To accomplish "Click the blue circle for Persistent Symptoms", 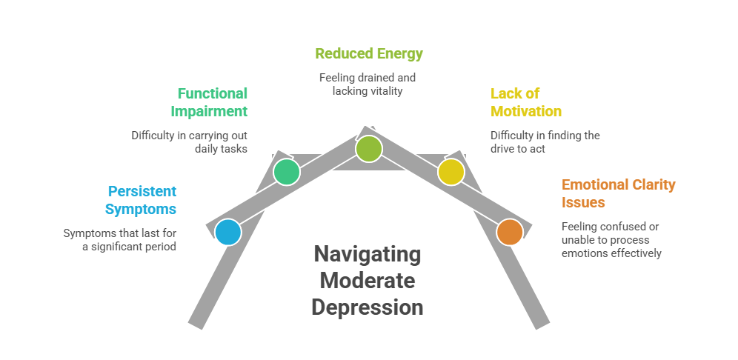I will pyautogui.click(x=228, y=232).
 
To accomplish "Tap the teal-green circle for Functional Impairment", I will pyautogui.click(x=287, y=172).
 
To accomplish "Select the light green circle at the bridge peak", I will pyautogui.click(x=368, y=149).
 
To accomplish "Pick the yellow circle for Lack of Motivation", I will pyautogui.click(x=451, y=172).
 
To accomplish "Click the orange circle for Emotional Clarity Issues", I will pyautogui.click(x=509, y=232).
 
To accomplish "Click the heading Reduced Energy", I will pyautogui.click(x=368, y=53).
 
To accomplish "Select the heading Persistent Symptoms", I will pyautogui.click(x=141, y=199).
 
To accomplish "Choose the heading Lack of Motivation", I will pyautogui.click(x=525, y=102).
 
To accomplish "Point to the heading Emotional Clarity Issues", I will pyautogui.click(x=618, y=193).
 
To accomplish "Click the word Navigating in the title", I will pyautogui.click(x=368, y=255).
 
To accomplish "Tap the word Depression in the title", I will pyautogui.click(x=368, y=307).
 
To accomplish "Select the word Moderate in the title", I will pyautogui.click(x=368, y=281).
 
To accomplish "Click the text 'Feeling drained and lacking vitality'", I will pyautogui.click(x=368, y=84).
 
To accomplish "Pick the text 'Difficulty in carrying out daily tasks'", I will pyautogui.click(x=190, y=142).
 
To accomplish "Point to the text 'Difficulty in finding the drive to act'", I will pyautogui.click(x=545, y=142).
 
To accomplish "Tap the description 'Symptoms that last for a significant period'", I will pyautogui.click(x=120, y=240).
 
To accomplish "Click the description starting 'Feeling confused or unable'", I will pyautogui.click(x=611, y=239).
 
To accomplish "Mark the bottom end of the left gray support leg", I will pyautogui.click(x=197, y=321).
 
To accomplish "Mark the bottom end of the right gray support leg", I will pyautogui.click(x=540, y=321).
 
